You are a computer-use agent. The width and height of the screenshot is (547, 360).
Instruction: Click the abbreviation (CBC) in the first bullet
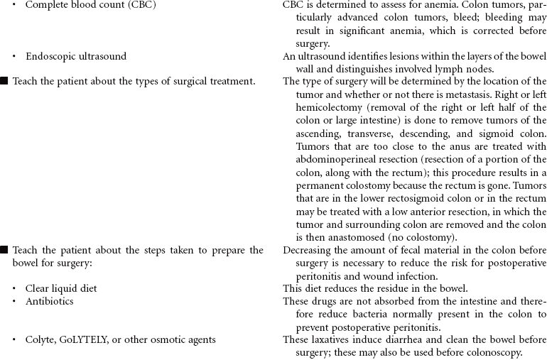coord(141,5)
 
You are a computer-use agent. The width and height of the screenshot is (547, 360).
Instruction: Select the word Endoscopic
coord(53,56)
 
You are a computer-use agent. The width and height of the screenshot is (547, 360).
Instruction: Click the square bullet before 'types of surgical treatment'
coord(4,81)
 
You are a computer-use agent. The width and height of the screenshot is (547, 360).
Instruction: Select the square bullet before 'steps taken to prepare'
coord(4,250)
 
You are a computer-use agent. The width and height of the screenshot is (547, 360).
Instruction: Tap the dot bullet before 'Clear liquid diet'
coord(15,289)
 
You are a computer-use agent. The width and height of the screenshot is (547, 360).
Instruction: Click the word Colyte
coord(40,339)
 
